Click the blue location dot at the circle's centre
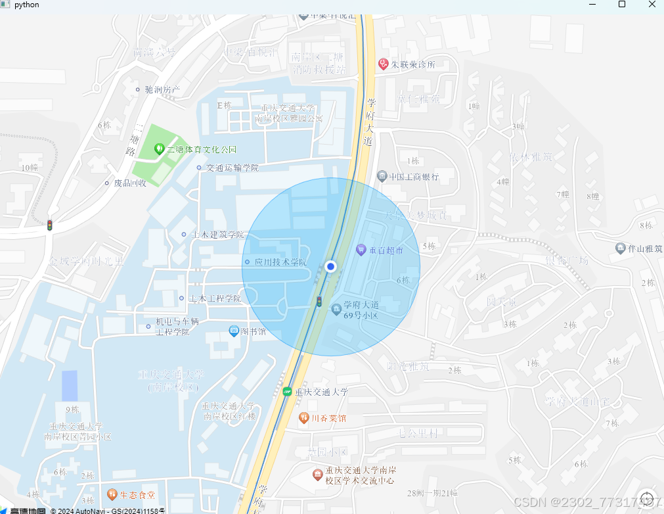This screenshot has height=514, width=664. [331, 267]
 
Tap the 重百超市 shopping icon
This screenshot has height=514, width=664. [361, 250]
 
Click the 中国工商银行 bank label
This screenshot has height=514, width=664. [413, 177]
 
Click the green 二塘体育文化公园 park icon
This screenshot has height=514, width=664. [159, 149]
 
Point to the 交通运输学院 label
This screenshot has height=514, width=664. [232, 168]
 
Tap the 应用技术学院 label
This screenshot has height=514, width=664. [280, 262]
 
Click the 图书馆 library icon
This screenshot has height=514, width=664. [234, 331]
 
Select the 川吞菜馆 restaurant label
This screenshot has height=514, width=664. [328, 418]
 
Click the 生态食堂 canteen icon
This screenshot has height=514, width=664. [112, 494]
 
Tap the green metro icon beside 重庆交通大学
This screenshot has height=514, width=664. [287, 392]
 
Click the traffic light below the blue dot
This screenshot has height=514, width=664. [319, 302]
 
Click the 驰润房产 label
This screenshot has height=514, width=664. [162, 89]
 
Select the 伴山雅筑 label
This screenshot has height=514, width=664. [644, 249]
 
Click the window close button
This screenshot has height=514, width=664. [652, 5]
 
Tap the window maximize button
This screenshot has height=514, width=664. [621, 5]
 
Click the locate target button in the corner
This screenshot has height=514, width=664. [646, 498]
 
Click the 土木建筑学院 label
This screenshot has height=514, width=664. [217, 235]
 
